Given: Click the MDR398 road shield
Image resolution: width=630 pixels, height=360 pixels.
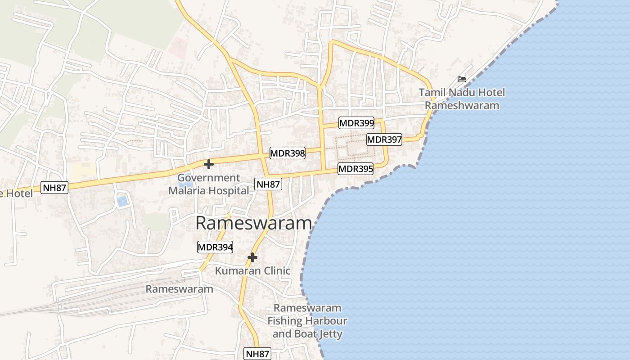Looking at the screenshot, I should [288, 153].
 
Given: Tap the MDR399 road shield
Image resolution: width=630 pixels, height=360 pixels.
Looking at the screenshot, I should [356, 123].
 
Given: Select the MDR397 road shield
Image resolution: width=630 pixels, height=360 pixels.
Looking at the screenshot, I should [384, 139].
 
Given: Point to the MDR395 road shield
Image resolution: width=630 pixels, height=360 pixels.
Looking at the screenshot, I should [355, 169].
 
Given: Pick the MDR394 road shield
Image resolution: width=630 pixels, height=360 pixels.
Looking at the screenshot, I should [215, 247].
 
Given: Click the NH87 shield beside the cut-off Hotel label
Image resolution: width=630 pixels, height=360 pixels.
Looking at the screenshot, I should [54, 188].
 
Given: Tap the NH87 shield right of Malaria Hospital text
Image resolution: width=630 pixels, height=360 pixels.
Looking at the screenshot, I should [268, 184].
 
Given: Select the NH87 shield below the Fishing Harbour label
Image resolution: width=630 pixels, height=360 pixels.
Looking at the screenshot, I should [257, 354].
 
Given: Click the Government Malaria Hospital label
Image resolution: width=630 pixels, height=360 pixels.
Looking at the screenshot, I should [208, 184].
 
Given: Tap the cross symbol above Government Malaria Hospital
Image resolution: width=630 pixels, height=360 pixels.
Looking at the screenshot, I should [208, 164].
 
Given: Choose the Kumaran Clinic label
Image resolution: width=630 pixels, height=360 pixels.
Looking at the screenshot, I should [252, 271].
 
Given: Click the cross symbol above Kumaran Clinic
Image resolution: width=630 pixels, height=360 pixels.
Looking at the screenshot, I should [252, 257].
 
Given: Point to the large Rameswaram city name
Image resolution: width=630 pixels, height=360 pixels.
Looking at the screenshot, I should [254, 224].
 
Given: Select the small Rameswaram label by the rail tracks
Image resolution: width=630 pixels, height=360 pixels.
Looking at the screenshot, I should [179, 289].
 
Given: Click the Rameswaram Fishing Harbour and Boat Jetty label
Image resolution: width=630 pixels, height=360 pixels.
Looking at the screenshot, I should [307, 321].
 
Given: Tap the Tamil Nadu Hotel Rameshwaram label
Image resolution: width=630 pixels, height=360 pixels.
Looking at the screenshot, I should [462, 99].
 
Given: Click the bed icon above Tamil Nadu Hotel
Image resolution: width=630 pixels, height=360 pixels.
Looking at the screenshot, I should [462, 79].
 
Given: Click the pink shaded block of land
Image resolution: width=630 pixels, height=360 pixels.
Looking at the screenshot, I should [179, 48].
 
